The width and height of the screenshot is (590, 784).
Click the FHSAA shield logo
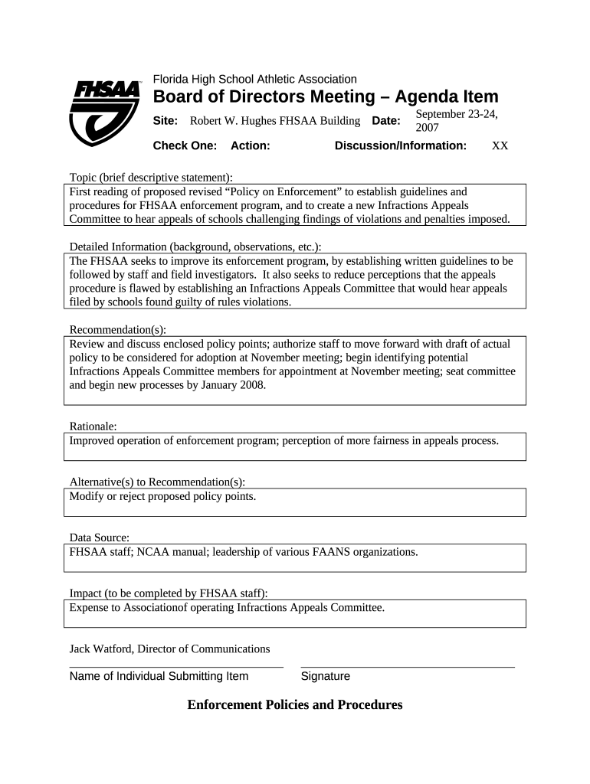105,112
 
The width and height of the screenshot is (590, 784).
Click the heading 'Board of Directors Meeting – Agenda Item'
326,97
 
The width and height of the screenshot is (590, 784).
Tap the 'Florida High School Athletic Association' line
254,79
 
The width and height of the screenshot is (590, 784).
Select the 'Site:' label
166,121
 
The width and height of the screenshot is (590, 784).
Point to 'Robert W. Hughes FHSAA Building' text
275,121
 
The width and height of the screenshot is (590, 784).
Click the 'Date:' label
386,121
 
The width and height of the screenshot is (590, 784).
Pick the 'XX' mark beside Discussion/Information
500,145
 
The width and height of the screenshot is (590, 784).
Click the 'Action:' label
250,145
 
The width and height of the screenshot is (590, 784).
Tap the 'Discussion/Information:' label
401,145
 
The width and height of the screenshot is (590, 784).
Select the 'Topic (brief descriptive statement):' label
151,178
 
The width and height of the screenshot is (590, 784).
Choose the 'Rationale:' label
93,426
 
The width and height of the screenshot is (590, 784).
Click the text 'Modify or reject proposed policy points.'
162,496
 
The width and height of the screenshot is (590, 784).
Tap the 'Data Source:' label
100,537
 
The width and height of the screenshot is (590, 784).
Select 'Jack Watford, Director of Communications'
169,648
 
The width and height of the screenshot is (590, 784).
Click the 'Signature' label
326,676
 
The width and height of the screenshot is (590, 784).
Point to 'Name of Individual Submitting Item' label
159,676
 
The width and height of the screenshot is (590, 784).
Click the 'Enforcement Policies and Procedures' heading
295,704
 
